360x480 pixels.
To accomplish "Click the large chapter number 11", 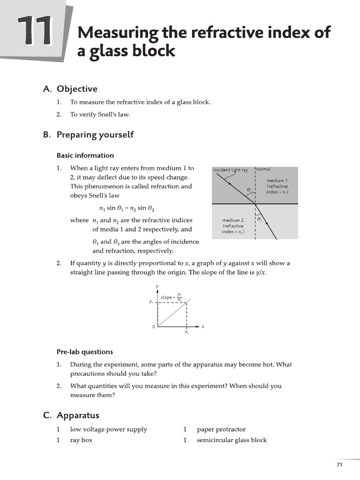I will tap(35, 32).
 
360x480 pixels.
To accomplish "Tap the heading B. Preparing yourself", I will tap(88, 135).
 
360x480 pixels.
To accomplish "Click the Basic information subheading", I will tap(85, 155).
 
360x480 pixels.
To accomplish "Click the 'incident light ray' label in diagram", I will tap(231, 170).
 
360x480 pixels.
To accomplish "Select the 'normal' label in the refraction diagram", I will tap(263, 169).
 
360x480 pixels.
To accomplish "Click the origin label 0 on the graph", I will tap(154, 327).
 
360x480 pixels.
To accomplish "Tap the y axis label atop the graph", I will tap(157, 286).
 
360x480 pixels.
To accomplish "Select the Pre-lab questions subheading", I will tap(85, 352).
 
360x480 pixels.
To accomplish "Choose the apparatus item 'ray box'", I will tap(81, 440).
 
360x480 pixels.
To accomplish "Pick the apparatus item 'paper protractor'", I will tap(221, 429).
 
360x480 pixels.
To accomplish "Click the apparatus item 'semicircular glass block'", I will tap(232, 440).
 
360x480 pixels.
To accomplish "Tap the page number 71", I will tap(340, 465).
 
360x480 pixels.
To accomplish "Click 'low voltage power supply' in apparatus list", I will tap(108, 429).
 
